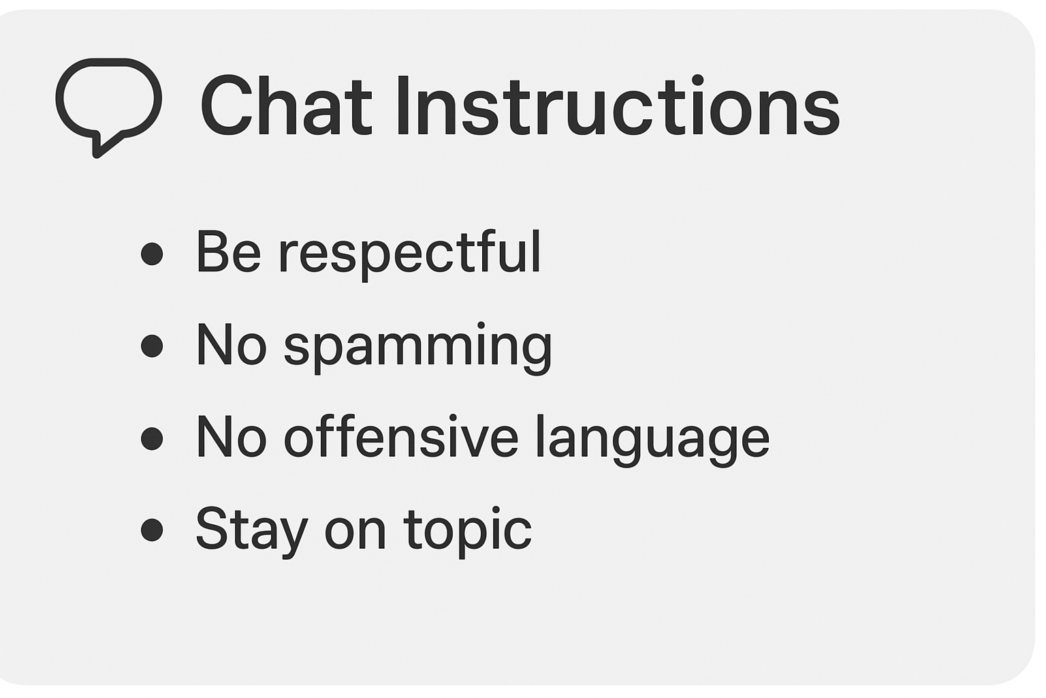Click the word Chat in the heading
point(286,106)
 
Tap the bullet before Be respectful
point(152,254)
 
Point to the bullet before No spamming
point(152,346)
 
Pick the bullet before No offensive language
point(152,438)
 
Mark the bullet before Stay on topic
point(152,530)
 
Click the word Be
point(228,251)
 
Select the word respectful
point(409,254)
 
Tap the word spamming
point(418,348)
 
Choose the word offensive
point(401,436)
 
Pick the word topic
point(468,532)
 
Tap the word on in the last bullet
point(355,534)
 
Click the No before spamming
point(232,344)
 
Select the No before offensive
point(232,436)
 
